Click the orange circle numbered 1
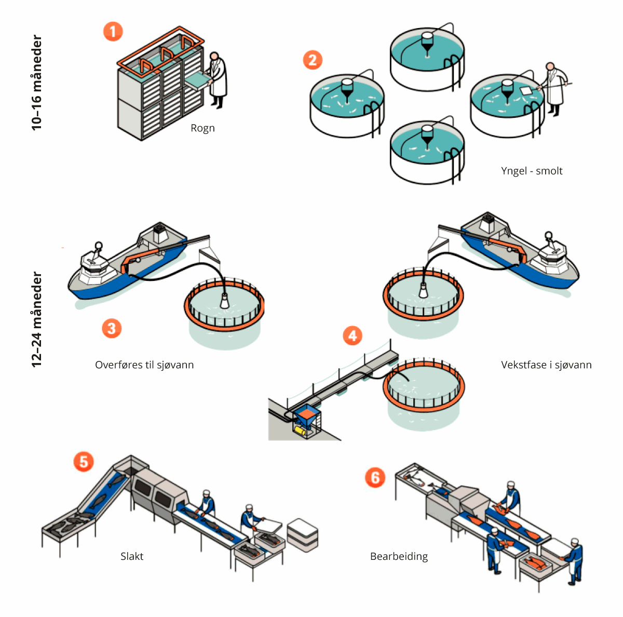pos(113,31)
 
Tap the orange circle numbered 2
pos(313,60)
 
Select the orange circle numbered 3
pos(112,328)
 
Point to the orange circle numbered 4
pos(353,336)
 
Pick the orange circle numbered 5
pos(84,461)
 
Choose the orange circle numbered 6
pos(375,477)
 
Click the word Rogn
pos(202,128)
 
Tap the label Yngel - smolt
pos(532,171)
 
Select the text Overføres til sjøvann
pos(144,365)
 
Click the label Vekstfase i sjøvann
pos(546,365)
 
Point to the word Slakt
pos(132,556)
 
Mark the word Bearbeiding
pos(399,556)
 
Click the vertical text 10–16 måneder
pos(36,82)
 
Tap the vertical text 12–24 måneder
pos(36,319)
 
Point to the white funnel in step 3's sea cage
pos(225,301)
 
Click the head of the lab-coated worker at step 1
pos(214,56)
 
